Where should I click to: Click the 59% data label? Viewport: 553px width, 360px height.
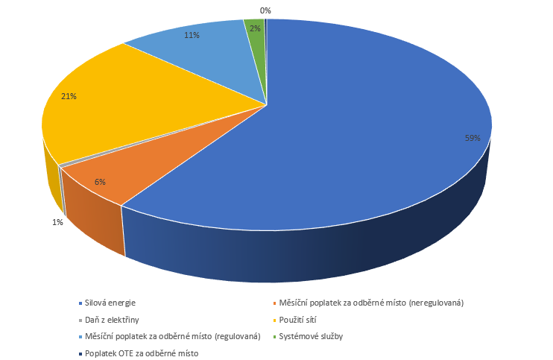pyautogui.click(x=472, y=139)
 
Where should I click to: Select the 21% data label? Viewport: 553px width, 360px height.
pyautogui.click(x=69, y=96)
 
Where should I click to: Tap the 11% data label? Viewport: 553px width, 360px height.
pyautogui.click(x=192, y=35)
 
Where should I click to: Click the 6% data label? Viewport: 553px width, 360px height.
pyautogui.click(x=100, y=181)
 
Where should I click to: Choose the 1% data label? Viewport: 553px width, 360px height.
pyautogui.click(x=57, y=222)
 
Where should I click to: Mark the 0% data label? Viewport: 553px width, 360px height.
pyautogui.click(x=265, y=10)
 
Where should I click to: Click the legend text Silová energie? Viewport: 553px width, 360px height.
pyautogui.click(x=110, y=303)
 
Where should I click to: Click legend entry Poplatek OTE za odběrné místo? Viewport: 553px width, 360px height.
pyautogui.click(x=142, y=353)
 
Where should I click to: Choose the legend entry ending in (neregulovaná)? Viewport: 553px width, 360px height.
pyautogui.click(x=372, y=303)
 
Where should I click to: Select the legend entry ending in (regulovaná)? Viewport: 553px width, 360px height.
pyautogui.click(x=172, y=336)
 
